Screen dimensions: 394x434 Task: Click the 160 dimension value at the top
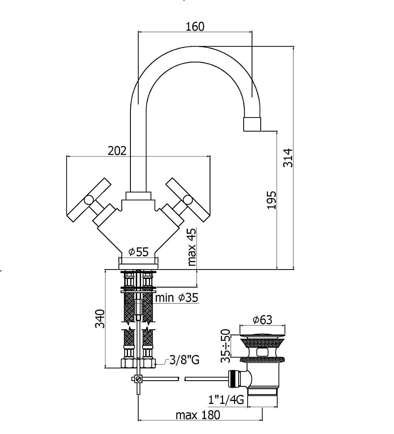click(x=195, y=27)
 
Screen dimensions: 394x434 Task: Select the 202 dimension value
click(x=117, y=151)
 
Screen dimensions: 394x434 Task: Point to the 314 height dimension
click(x=288, y=158)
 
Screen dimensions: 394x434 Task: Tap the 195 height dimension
click(x=272, y=200)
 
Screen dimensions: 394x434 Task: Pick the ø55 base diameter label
click(x=139, y=252)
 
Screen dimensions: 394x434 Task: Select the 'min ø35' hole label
click(x=177, y=298)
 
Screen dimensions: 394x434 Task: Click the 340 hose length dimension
click(x=100, y=319)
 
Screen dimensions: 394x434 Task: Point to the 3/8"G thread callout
click(x=184, y=360)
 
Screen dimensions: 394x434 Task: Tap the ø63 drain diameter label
click(x=262, y=320)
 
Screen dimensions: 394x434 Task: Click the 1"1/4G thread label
click(x=226, y=400)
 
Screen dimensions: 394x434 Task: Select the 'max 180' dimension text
click(x=198, y=415)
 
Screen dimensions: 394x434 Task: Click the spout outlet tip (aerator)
click(x=252, y=124)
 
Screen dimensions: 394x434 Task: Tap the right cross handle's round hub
click(x=188, y=200)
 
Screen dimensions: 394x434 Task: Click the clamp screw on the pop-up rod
click(x=138, y=379)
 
